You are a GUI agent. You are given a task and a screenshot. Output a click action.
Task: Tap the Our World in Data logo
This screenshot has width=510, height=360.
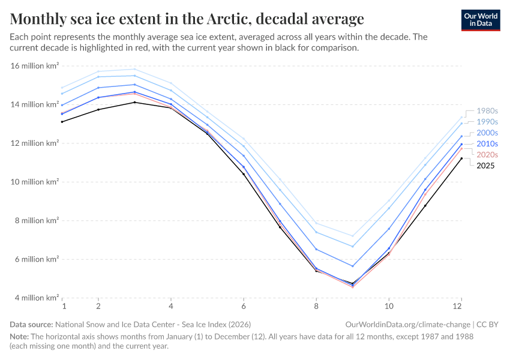(481, 20)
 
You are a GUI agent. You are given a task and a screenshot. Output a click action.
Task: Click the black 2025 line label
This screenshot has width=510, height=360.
(485, 166)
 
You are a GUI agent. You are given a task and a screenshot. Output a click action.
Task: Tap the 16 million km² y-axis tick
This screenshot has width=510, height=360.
(35, 66)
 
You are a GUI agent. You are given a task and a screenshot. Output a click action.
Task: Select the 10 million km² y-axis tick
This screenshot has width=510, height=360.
(35, 182)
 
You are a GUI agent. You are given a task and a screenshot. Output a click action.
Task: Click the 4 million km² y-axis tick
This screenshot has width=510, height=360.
(35, 298)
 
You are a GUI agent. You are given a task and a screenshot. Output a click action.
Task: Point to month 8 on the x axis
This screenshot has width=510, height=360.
(316, 306)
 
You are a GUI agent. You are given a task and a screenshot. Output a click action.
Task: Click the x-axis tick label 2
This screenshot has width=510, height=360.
(98, 306)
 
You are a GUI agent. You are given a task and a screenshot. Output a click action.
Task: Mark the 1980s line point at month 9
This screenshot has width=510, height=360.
(353, 236)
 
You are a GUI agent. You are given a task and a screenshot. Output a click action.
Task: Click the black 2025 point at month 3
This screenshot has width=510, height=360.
(134, 102)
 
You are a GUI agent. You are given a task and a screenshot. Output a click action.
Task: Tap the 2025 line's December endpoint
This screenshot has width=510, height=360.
(461, 158)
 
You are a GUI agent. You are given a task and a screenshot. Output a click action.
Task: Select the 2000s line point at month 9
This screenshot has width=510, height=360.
(353, 266)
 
